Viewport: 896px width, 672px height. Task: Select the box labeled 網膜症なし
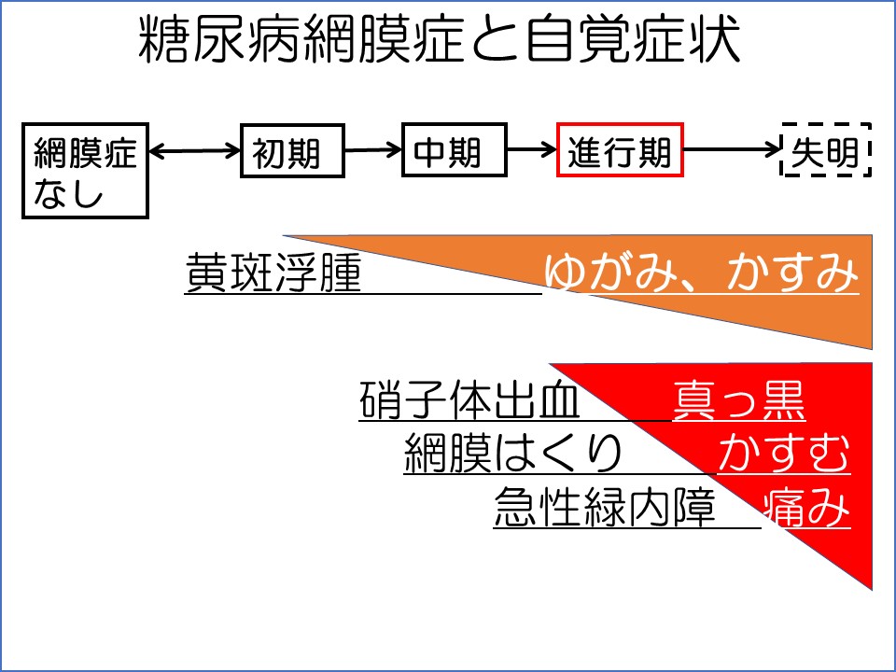click(85, 171)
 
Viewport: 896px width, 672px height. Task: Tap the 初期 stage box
click(286, 150)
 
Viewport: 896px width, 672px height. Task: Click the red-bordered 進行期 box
click(620, 149)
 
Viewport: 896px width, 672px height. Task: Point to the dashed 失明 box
click(825, 150)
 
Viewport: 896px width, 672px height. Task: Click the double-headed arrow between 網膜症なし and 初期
click(194, 150)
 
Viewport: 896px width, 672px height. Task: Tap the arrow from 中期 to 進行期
click(532, 149)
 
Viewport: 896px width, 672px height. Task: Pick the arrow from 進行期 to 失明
click(732, 149)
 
